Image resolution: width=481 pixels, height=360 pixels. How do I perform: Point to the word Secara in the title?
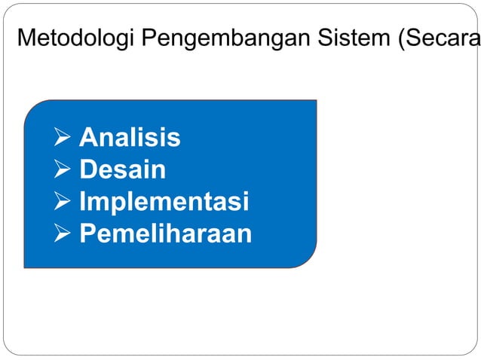(442, 37)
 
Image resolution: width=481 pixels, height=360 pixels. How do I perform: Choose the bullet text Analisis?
(130, 138)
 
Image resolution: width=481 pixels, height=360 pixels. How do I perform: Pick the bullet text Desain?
(122, 169)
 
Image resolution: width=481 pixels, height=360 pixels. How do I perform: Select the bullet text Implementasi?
(164, 202)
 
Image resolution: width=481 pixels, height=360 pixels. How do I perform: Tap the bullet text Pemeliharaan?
(165, 234)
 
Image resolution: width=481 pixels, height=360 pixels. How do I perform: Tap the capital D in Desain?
(87, 169)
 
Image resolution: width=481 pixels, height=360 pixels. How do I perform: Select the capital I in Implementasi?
(83, 202)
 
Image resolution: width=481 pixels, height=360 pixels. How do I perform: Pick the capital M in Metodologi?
(26, 37)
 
